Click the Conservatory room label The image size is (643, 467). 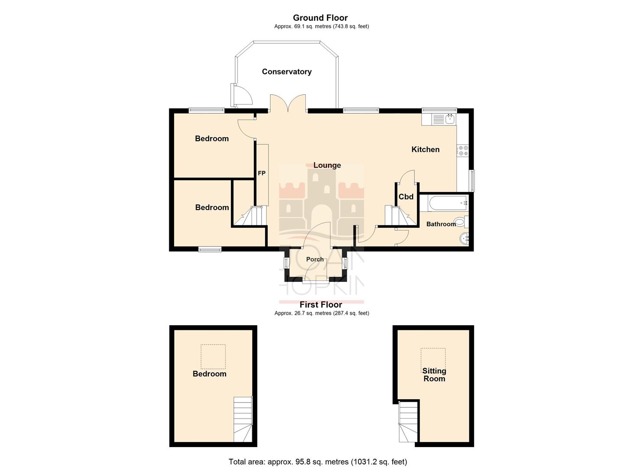287,72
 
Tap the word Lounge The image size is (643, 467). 327,165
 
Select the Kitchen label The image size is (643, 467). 425,150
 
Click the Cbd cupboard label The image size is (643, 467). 406,197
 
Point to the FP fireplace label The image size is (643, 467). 262,173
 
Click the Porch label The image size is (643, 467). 315,259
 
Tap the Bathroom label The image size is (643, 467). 441,224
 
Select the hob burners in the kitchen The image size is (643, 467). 462,150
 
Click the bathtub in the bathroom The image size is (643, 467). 447,203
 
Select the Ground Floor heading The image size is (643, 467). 320,18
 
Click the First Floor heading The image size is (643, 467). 321,305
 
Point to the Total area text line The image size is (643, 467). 318,462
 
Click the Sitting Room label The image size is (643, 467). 434,375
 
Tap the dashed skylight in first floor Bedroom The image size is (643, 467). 213,356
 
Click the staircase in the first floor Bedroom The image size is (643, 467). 243,419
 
